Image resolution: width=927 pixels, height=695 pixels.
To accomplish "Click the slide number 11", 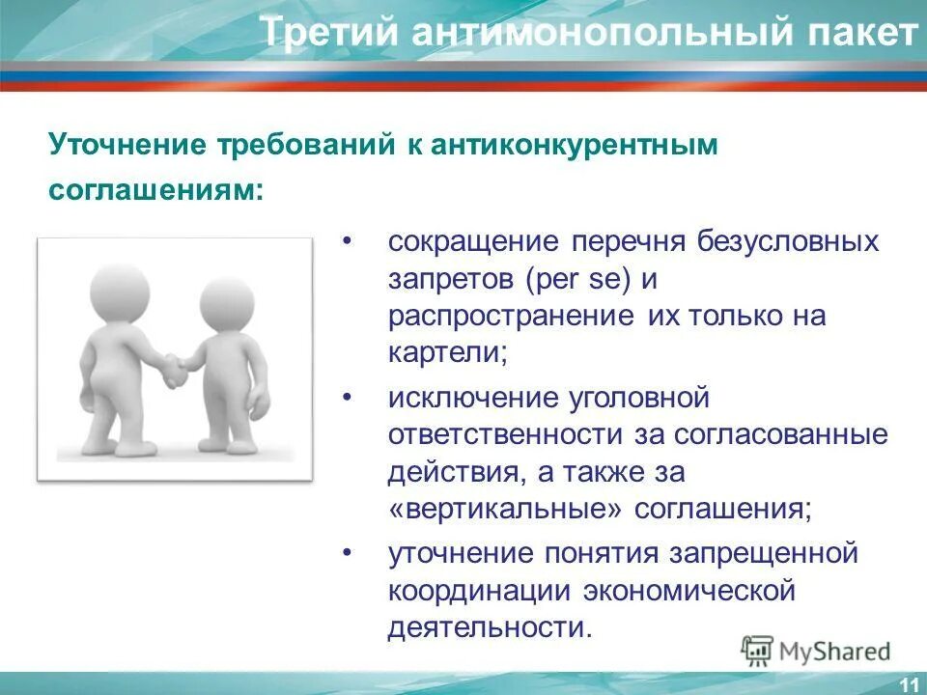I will point(908,684).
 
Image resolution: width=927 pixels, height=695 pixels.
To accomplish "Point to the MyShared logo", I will point(816,651).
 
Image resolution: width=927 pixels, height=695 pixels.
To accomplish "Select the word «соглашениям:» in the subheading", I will point(155,189).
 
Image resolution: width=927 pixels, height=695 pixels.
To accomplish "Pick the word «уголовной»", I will point(646,398).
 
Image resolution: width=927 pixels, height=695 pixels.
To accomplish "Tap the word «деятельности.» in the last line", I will point(488,627).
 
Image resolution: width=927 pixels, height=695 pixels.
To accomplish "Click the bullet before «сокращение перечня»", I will point(346,241).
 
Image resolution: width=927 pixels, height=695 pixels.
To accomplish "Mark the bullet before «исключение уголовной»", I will point(346,398).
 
